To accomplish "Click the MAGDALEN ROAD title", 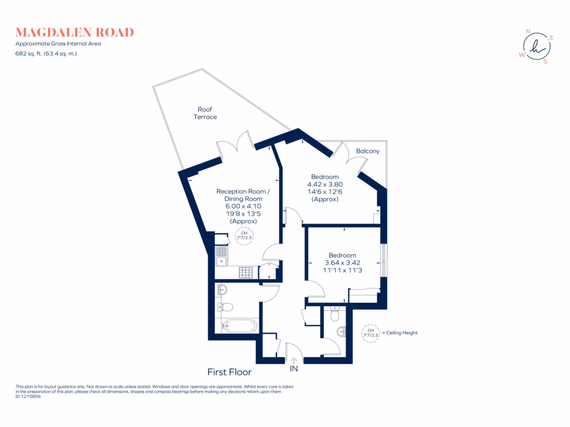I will click(x=75, y=32).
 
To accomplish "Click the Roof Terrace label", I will click(x=205, y=113).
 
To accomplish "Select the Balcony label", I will click(x=367, y=151).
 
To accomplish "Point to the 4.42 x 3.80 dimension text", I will click(x=325, y=185).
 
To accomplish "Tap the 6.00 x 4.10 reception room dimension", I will click(x=243, y=206).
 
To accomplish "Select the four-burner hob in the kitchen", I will click(x=245, y=272).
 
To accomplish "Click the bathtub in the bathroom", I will click(x=240, y=326).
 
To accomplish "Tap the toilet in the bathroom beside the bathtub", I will click(x=226, y=306).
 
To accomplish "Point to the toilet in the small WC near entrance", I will click(x=335, y=315).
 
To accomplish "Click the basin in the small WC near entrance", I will click(x=342, y=332).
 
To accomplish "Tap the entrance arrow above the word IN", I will click(x=293, y=360).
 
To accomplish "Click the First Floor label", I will click(x=229, y=372).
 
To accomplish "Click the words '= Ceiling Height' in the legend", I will click(x=399, y=333).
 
